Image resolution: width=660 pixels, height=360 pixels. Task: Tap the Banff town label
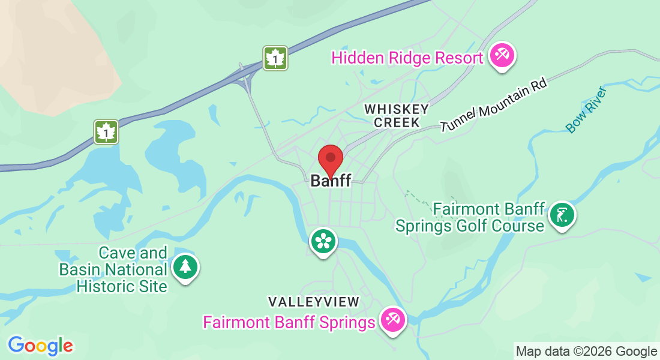point(331,181)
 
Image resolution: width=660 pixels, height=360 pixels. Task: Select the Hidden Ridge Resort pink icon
point(502,56)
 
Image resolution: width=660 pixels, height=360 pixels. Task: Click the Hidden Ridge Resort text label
point(407,58)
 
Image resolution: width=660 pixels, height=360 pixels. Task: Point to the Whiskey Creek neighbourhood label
point(397,116)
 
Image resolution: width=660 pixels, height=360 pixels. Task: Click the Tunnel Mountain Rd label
point(494,106)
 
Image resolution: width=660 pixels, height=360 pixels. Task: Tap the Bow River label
point(587,110)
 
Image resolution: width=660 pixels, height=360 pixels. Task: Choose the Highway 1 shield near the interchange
point(275,58)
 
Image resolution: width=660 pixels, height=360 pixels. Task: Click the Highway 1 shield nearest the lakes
point(106,132)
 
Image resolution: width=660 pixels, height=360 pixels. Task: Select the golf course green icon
point(562,215)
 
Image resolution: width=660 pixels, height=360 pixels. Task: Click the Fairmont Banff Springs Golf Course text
point(470,217)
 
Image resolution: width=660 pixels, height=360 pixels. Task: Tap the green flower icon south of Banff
point(323,242)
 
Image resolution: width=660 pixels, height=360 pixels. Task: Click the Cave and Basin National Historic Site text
point(113,270)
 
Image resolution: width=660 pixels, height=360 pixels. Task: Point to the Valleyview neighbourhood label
point(313,301)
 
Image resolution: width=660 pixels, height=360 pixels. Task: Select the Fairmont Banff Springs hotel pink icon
point(393,319)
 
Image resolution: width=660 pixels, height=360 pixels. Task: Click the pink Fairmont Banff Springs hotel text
point(289,323)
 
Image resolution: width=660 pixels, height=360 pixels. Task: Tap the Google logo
point(40,345)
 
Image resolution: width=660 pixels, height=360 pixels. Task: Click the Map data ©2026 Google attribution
point(587,352)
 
